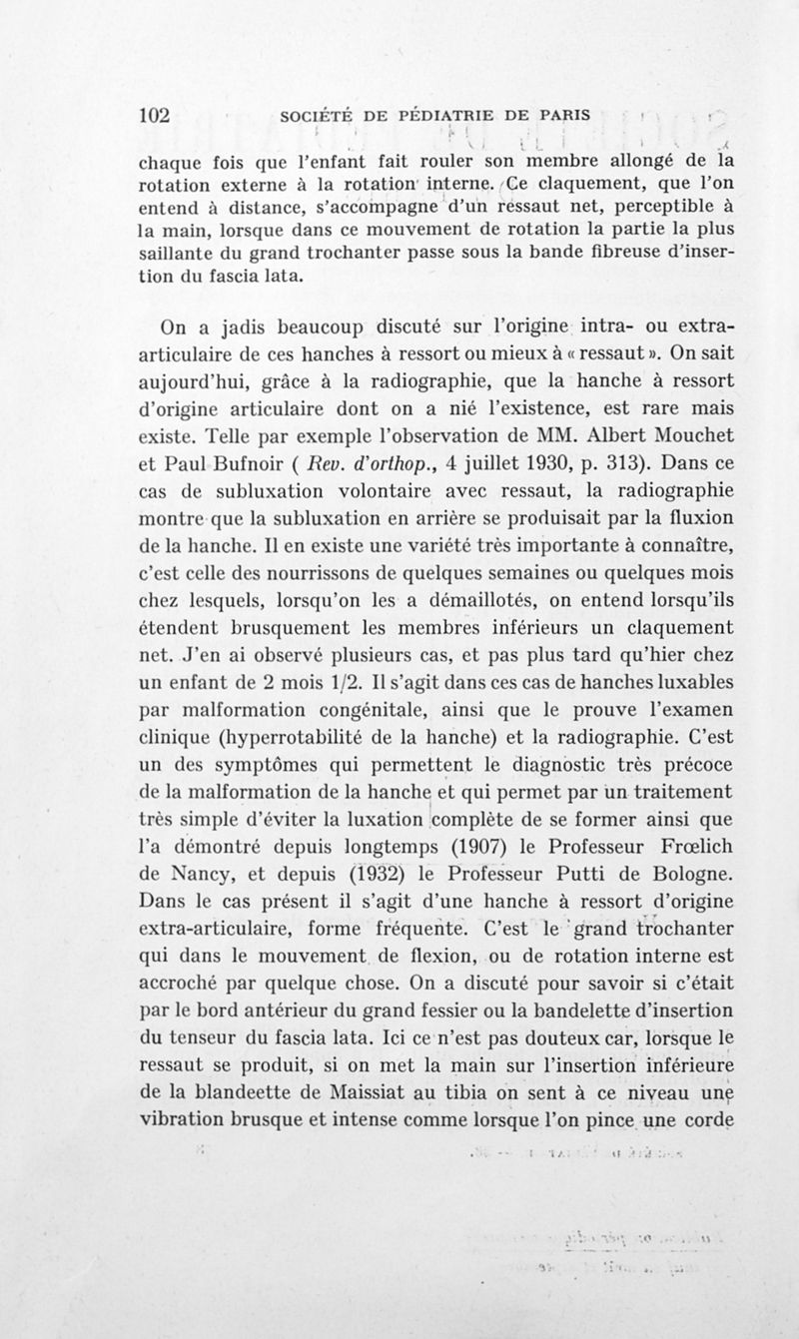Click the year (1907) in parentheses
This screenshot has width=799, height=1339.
click(x=455, y=849)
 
